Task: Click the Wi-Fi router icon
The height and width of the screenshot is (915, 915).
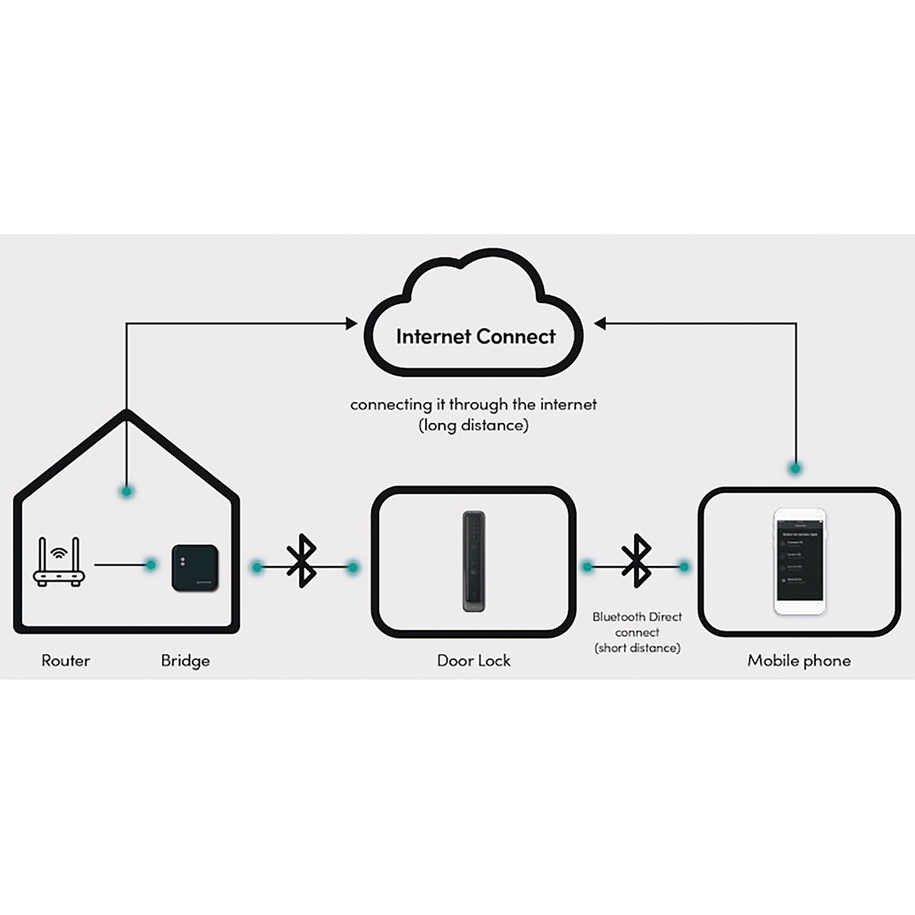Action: coord(59,562)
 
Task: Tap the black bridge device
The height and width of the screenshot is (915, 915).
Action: coord(195,568)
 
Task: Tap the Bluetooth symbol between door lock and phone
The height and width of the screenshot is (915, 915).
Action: coord(636,561)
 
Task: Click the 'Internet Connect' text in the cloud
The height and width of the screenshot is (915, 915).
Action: coord(476,337)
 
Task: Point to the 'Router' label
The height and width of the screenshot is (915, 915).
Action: coord(65,661)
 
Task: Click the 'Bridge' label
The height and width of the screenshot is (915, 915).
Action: coord(185,661)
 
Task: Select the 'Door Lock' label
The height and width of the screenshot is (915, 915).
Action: coord(474,661)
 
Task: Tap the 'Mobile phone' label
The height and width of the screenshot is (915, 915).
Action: coord(799,661)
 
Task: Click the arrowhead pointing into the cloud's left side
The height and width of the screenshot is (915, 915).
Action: coord(352,323)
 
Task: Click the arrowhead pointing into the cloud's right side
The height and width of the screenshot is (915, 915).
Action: coord(600,323)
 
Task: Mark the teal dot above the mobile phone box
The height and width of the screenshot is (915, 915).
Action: coord(795,468)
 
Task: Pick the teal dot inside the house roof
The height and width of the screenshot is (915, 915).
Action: coord(127,491)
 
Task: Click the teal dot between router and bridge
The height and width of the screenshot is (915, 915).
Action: coord(151,565)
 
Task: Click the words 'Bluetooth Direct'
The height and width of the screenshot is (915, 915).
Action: coord(637,617)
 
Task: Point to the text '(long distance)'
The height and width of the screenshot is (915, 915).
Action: coord(473,425)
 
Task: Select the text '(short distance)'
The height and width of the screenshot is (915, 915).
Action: coord(637,648)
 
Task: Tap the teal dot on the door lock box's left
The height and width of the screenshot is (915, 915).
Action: coord(352,568)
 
